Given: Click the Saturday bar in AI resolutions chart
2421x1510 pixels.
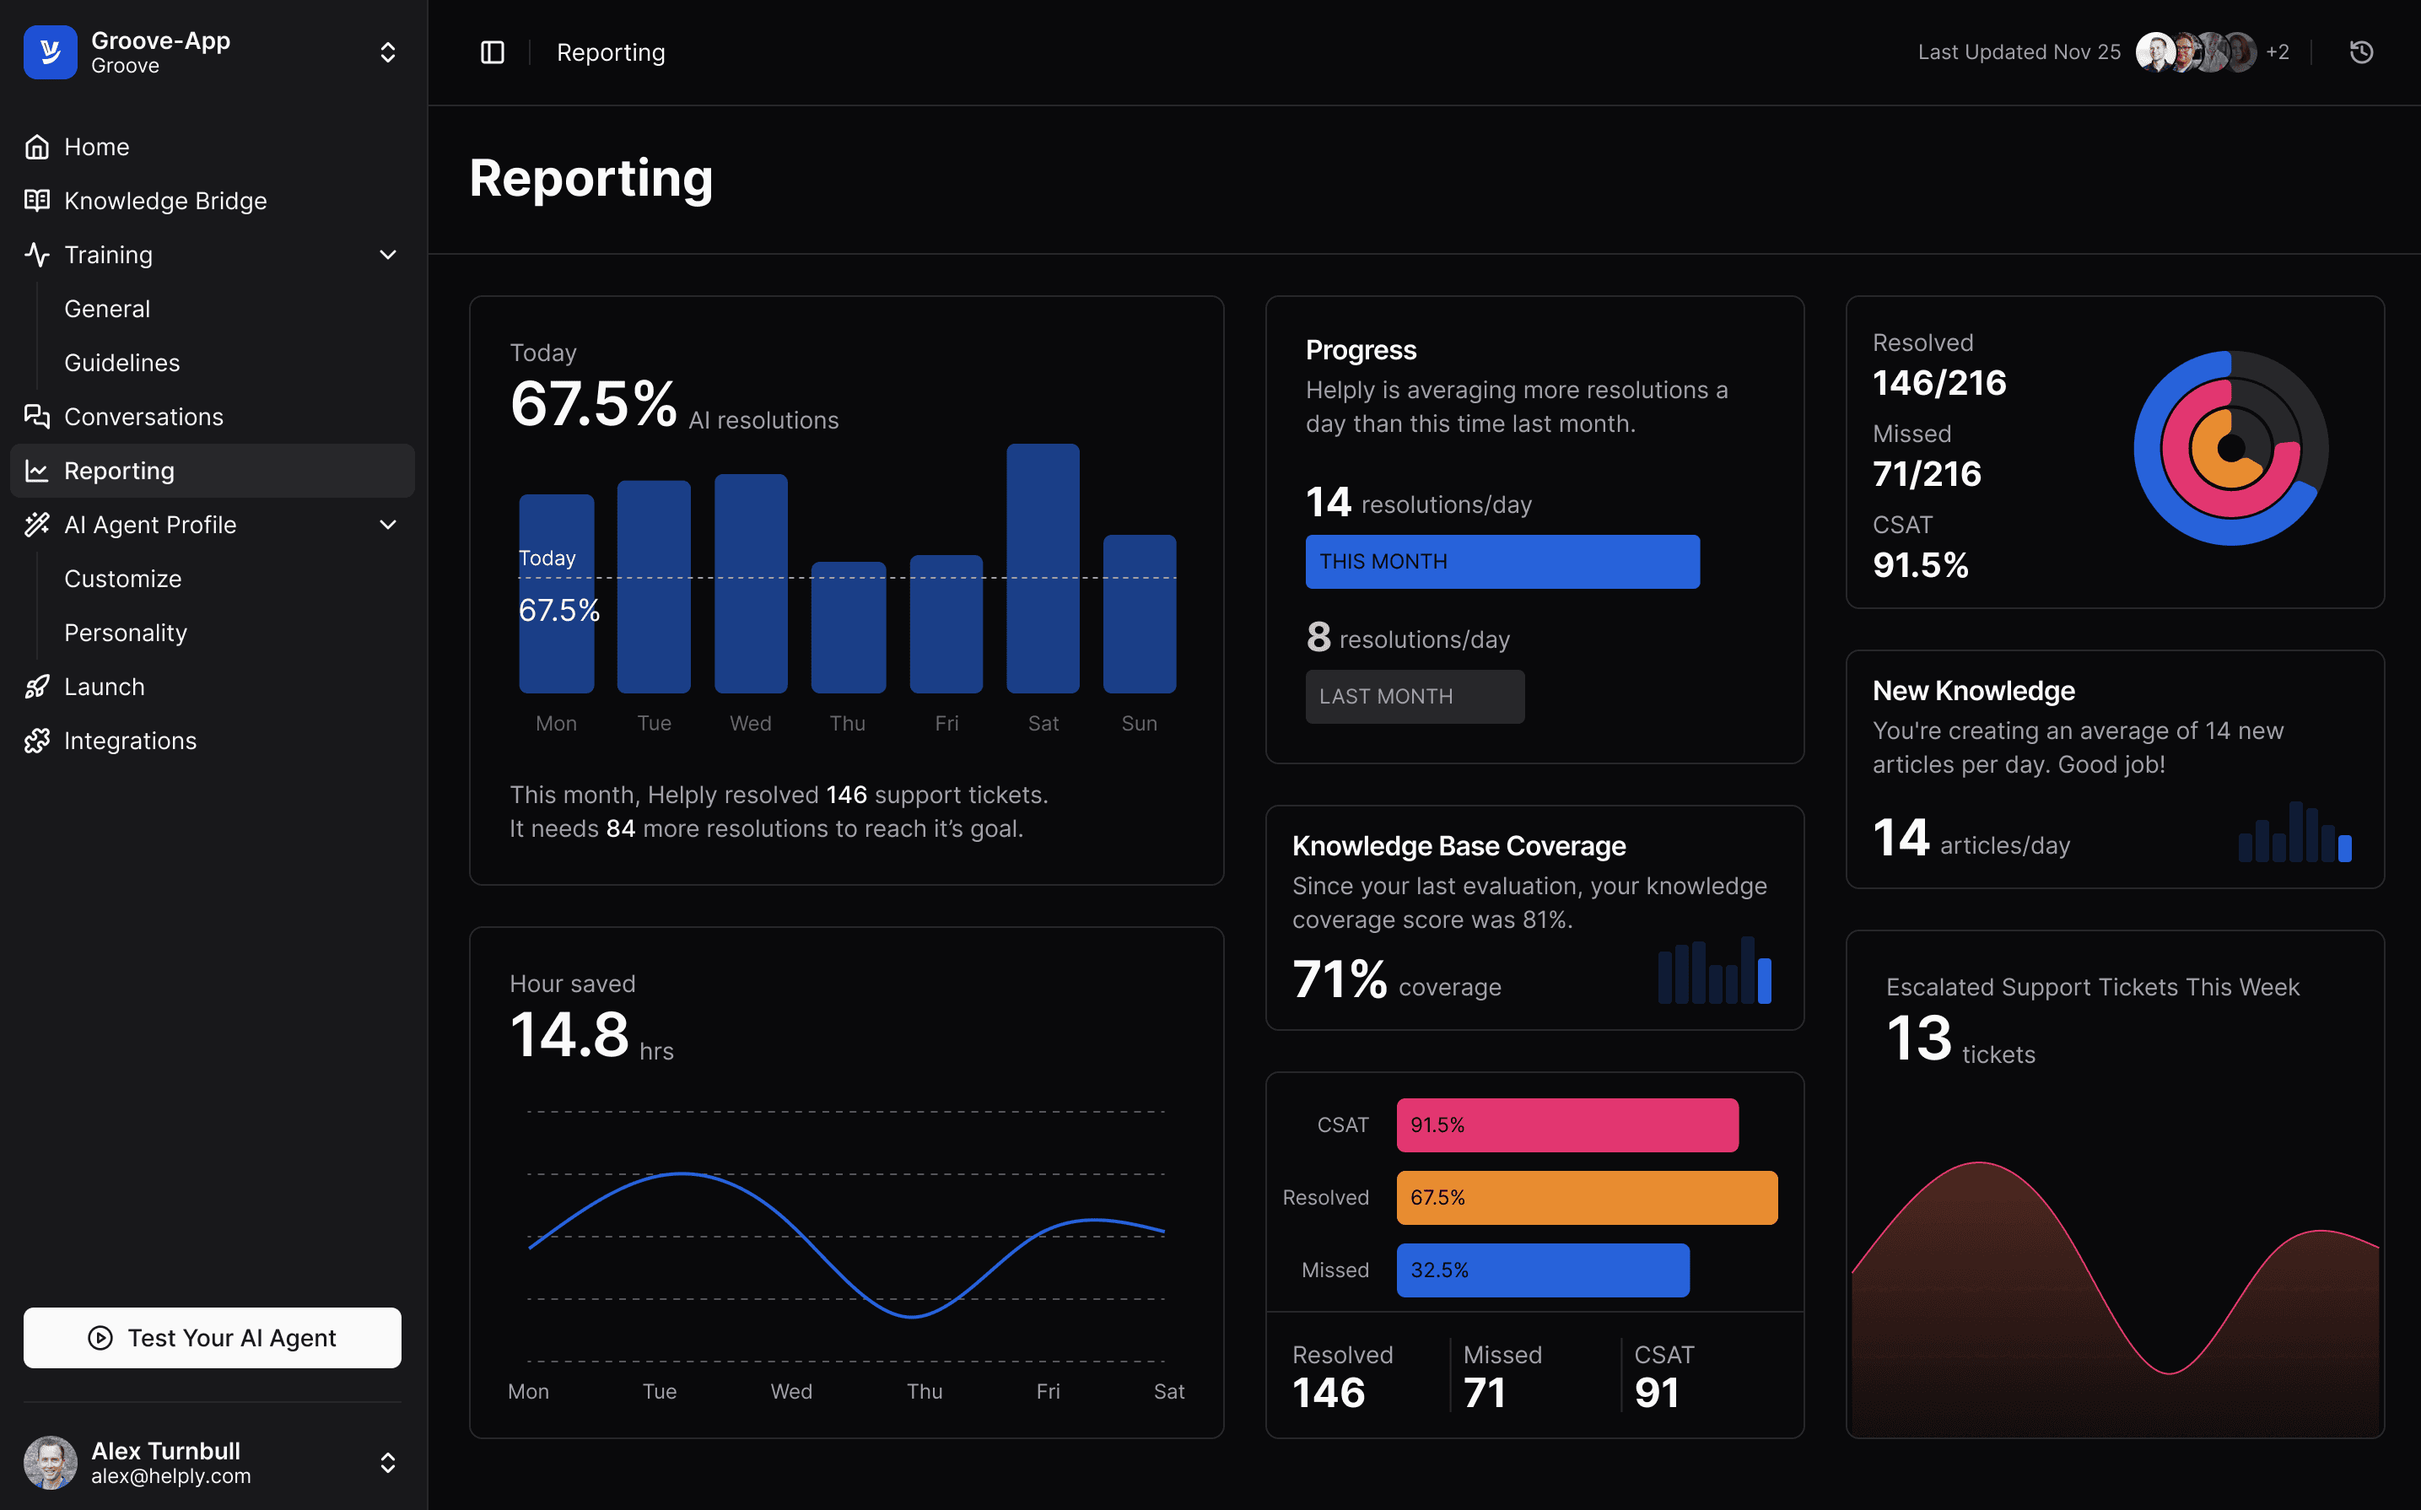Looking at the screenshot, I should pyautogui.click(x=1043, y=569).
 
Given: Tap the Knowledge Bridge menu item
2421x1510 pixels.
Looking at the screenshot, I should pyautogui.click(x=164, y=201).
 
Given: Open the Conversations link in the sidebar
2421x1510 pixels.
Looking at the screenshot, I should pyautogui.click(x=143, y=417).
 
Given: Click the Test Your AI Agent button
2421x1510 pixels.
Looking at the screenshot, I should pyautogui.click(x=212, y=1337).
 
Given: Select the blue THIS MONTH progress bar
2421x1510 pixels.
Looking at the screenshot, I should pyautogui.click(x=1502, y=561).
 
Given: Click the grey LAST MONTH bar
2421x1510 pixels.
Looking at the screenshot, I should pyautogui.click(x=1414, y=696).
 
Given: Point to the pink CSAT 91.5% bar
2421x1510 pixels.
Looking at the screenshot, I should pyautogui.click(x=1566, y=1124).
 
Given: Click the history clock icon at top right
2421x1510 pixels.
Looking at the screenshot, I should pyautogui.click(x=2360, y=52).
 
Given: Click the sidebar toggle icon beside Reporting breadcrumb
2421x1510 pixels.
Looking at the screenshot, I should pyautogui.click(x=492, y=52).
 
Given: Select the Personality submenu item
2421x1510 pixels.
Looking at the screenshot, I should pyautogui.click(x=126, y=632).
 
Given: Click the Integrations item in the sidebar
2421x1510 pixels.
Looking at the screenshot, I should pyautogui.click(x=130, y=740).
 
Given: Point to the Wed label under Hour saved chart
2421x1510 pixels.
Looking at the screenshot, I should pyautogui.click(x=790, y=1391).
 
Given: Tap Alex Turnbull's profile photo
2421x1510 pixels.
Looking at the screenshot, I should pyautogui.click(x=50, y=1462).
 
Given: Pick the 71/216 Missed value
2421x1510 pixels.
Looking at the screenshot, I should pyautogui.click(x=1926, y=473).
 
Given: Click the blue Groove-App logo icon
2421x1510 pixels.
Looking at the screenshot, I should pyautogui.click(x=50, y=52).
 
